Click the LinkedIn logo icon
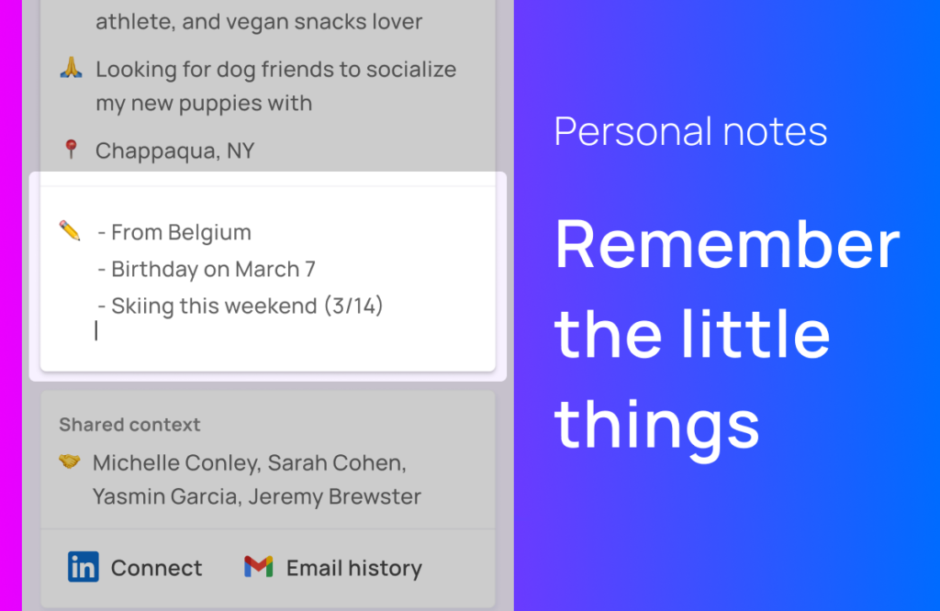[83, 567]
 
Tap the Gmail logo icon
[258, 566]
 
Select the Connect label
[156, 568]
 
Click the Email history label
[354, 568]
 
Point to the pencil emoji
[70, 230]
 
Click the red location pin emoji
[71, 150]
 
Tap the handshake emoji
[69, 461]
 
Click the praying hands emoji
[71, 68]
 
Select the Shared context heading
[129, 425]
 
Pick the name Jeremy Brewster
[334, 496]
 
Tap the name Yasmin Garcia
[167, 496]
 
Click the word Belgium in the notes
[209, 232]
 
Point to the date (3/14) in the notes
[353, 305]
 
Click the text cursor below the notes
[95, 330]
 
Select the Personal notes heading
[690, 132]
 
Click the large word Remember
[727, 244]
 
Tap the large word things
[657, 428]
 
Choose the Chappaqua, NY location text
[175, 151]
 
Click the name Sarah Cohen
[337, 463]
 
